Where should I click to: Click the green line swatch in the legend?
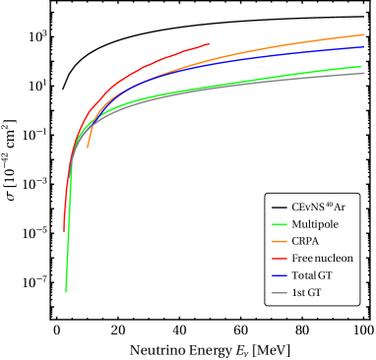click(x=279, y=224)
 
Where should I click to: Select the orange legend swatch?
click(x=279, y=241)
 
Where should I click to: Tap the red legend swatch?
click(x=279, y=259)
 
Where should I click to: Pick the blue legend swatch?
click(x=279, y=276)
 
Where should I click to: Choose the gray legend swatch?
click(x=279, y=293)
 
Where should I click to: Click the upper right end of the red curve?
click(x=210, y=43)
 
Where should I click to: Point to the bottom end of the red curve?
click(x=64, y=230)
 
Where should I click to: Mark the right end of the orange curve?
click(x=364, y=34)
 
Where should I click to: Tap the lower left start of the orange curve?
click(x=88, y=148)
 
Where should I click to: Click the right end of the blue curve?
click(x=364, y=46)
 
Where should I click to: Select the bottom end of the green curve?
click(x=66, y=292)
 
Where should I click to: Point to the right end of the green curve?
click(x=360, y=67)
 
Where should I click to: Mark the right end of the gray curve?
click(x=364, y=73)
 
